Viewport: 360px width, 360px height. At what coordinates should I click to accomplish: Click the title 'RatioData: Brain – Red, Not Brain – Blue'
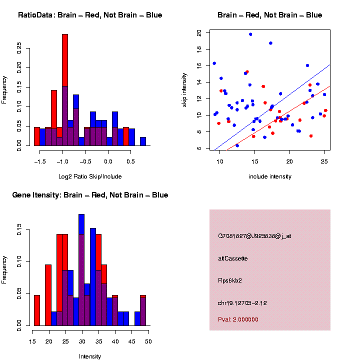[x=90, y=15]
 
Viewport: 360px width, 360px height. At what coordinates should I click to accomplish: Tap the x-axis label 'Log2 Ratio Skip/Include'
[x=89, y=176]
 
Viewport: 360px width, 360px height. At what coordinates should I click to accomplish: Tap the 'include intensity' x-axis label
[x=269, y=176]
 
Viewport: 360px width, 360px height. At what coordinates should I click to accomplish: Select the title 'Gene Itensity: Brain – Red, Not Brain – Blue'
[x=90, y=195]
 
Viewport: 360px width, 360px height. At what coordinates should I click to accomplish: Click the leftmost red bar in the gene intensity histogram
[x=37, y=310]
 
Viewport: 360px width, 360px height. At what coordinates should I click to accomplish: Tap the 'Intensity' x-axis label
[x=89, y=356]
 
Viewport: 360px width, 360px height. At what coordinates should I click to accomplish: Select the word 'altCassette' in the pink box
[x=233, y=258]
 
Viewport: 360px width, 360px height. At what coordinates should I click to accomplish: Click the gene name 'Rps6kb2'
[x=230, y=280]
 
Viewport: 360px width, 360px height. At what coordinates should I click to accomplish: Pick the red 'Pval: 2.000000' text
[x=238, y=319]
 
